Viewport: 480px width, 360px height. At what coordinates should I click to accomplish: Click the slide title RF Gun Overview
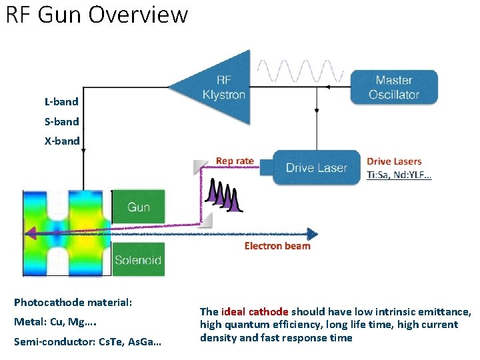97,15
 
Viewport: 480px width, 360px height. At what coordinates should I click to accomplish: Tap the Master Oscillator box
393,87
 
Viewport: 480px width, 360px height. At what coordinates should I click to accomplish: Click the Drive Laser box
316,167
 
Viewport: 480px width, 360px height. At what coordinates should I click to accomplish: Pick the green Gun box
138,207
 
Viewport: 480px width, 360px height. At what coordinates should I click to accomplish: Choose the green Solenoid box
138,260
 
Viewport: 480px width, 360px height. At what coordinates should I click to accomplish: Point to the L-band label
61,102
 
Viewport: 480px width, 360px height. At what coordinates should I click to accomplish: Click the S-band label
61,121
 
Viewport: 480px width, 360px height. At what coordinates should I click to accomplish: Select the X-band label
61,141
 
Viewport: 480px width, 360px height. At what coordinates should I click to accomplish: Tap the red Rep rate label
235,161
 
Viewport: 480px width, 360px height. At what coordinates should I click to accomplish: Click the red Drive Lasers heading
394,161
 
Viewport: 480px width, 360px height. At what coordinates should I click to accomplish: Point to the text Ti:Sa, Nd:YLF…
399,175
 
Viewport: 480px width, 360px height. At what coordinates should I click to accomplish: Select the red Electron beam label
277,246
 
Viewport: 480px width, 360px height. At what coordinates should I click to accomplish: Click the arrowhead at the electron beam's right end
312,233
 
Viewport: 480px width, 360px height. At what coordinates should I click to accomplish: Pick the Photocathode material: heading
73,302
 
